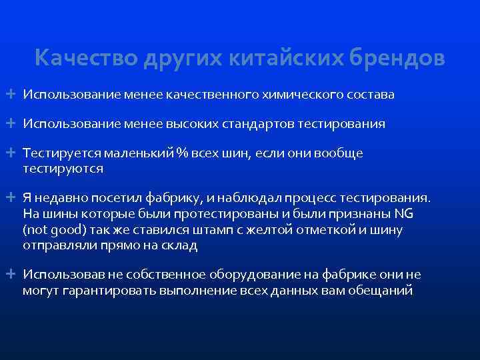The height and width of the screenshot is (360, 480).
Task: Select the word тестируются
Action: (x=63, y=169)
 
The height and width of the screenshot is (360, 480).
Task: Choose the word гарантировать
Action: (x=105, y=290)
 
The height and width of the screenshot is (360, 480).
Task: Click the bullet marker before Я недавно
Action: (x=13, y=198)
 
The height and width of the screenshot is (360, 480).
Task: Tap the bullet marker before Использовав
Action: (x=13, y=275)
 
